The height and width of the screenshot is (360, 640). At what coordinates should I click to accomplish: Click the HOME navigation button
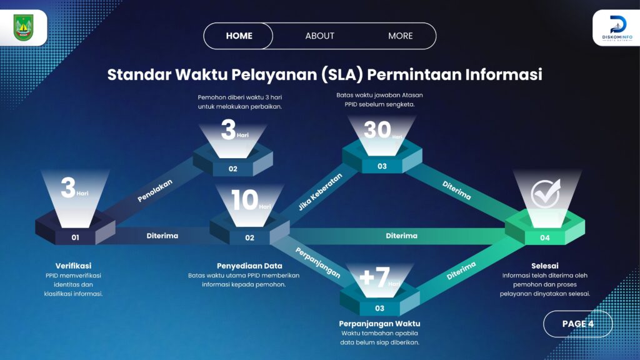tap(239, 36)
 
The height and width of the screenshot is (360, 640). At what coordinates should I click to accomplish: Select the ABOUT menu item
tap(319, 36)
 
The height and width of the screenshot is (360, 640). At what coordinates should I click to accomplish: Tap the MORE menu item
tap(401, 36)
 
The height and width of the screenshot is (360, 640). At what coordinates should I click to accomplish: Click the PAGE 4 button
tap(578, 324)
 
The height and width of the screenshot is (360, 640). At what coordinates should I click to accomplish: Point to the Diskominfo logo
tap(617, 27)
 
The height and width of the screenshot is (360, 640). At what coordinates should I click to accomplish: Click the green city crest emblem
tap(24, 27)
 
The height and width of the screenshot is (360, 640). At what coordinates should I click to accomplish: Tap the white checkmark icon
tap(545, 194)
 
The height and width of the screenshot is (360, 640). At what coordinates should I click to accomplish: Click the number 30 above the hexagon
tap(377, 130)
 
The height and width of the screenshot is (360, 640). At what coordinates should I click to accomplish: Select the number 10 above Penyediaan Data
tap(245, 200)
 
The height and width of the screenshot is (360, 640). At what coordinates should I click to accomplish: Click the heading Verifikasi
tap(74, 266)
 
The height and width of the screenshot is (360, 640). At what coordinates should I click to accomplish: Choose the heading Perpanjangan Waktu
tap(379, 324)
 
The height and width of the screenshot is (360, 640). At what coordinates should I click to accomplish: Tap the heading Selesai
tap(545, 266)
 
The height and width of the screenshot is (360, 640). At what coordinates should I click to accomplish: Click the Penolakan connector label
tap(155, 191)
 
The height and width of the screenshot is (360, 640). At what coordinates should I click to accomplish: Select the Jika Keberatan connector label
tap(320, 192)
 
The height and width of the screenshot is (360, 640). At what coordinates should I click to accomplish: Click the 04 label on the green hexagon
tap(545, 238)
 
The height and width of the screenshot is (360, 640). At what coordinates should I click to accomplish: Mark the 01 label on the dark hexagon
tap(76, 237)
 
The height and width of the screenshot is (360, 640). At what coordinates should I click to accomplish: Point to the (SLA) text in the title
tap(342, 75)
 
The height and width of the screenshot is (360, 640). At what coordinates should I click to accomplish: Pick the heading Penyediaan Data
tap(249, 266)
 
